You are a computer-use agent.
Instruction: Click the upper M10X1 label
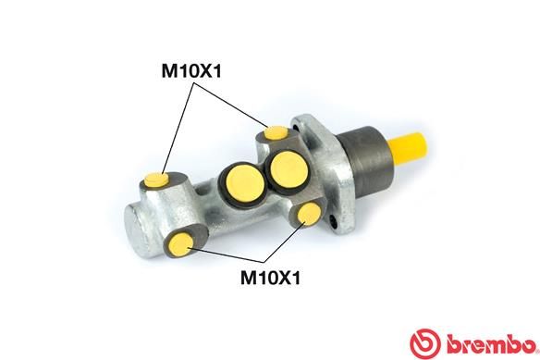coord(191,71)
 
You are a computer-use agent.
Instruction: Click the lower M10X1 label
coord(270,278)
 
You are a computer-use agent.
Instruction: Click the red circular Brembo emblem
coord(425,343)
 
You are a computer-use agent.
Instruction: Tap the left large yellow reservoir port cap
coord(246,183)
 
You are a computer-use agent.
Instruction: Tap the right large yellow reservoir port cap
coord(288,169)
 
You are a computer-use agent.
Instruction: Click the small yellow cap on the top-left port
coord(156,180)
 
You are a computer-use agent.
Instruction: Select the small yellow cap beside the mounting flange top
coord(276,132)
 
